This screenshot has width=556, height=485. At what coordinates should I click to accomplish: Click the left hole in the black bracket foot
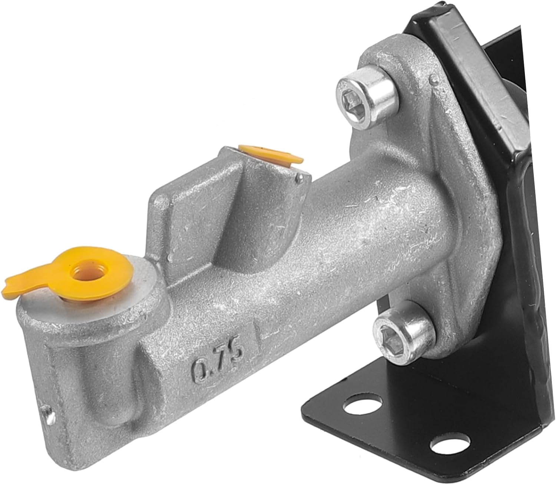(x=354, y=409)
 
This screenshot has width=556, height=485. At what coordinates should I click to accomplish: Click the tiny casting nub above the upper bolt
(x=431, y=78)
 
